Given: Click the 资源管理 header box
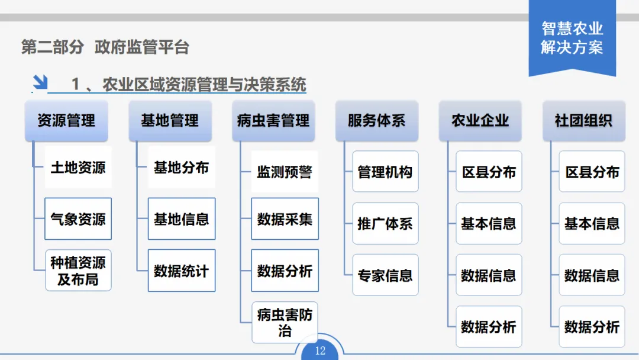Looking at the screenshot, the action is click(x=66, y=121).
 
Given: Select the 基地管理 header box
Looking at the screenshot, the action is click(x=170, y=121).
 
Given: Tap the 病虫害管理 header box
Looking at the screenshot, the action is click(x=273, y=121).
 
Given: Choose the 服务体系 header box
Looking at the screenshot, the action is click(x=377, y=121).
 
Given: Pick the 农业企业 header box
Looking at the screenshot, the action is click(x=480, y=121).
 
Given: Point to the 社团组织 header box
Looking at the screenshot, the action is click(x=583, y=121).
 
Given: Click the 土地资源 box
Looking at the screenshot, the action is click(x=78, y=168).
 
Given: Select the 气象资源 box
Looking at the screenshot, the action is click(x=78, y=219).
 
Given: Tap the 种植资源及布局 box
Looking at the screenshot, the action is click(x=78, y=271).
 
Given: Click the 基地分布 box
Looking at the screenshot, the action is click(x=181, y=168).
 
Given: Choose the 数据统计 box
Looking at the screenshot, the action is click(x=181, y=271).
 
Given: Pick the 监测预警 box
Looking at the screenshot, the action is click(x=285, y=172).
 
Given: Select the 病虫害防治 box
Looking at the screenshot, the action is click(x=285, y=323).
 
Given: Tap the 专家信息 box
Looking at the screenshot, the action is click(x=385, y=275).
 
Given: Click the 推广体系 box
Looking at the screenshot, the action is click(x=385, y=224).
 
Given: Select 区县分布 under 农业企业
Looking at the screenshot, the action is click(x=489, y=172).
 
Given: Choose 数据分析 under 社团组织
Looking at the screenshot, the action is click(x=592, y=327).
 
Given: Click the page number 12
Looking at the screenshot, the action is click(x=320, y=351).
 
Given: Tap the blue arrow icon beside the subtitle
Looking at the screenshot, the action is click(x=40, y=82).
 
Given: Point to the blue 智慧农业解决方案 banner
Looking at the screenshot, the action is click(x=572, y=38).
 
